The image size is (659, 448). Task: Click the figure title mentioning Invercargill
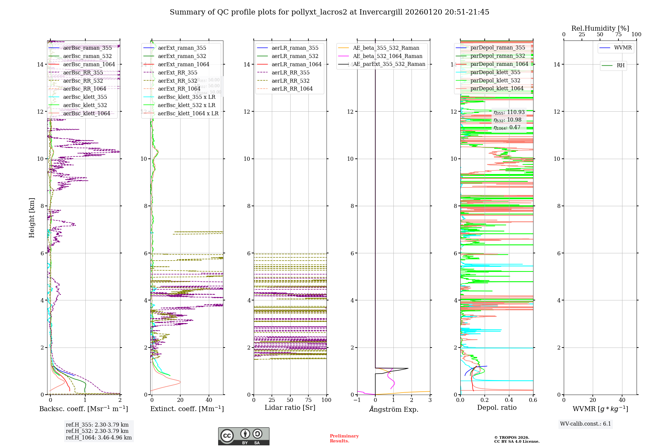(x=329, y=12)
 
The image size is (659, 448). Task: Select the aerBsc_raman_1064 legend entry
(x=89, y=64)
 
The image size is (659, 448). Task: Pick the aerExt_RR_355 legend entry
(x=178, y=72)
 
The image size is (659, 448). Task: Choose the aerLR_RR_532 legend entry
(x=290, y=81)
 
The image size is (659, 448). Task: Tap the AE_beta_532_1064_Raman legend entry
(x=387, y=56)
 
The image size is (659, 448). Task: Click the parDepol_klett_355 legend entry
(x=495, y=72)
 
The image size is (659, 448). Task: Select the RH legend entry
(x=620, y=66)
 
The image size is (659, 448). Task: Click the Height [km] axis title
(x=32, y=217)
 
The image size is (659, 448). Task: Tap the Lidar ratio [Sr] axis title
(x=290, y=407)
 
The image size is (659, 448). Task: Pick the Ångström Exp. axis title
(x=394, y=409)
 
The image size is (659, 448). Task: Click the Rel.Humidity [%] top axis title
(x=600, y=28)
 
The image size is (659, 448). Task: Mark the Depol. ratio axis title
(x=497, y=407)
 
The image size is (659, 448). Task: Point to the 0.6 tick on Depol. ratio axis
(x=533, y=400)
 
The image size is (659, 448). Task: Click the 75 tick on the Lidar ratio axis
(x=308, y=400)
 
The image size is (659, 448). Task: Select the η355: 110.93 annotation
(x=509, y=112)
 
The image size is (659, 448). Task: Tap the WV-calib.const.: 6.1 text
(x=586, y=424)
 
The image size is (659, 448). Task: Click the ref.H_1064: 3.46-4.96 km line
(x=99, y=438)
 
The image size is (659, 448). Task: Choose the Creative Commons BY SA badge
(x=244, y=436)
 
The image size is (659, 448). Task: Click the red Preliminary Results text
(x=344, y=438)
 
